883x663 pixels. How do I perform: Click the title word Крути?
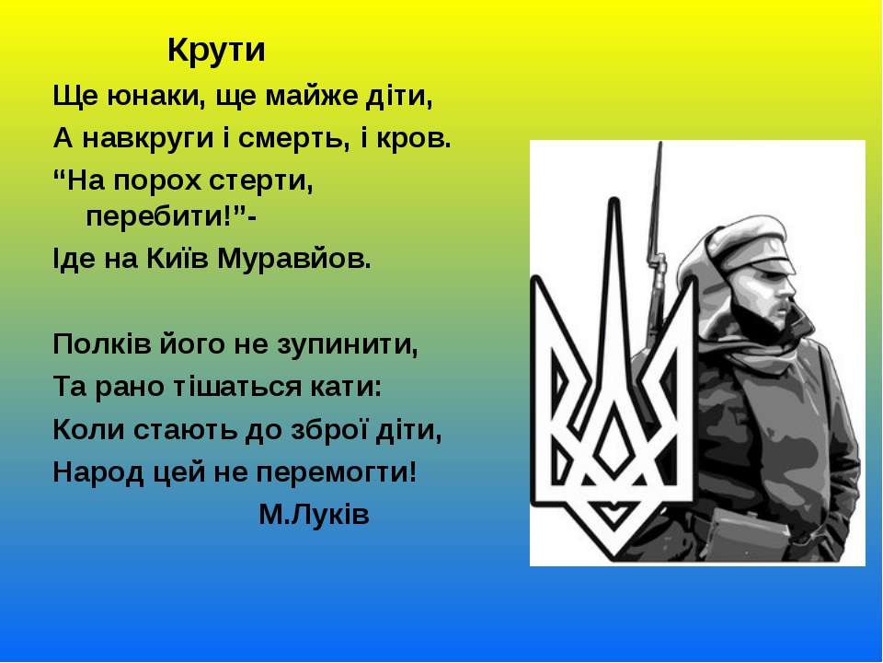[x=216, y=51]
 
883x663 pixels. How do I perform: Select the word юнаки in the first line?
[x=155, y=96]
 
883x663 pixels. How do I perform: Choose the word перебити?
[x=155, y=215]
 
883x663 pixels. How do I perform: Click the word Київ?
[x=178, y=259]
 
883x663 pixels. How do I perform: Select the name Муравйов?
[x=294, y=260]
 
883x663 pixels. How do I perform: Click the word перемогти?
[x=337, y=473]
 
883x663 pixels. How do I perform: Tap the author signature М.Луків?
[x=315, y=514]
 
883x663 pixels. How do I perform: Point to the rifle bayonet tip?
[x=660, y=144]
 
